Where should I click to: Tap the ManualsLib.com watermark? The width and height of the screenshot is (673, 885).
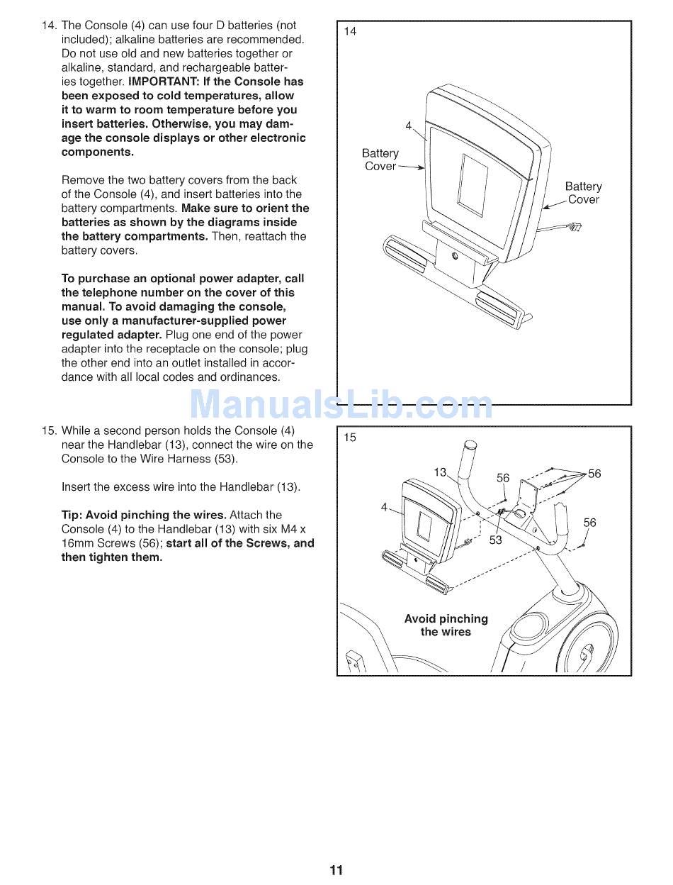point(341,404)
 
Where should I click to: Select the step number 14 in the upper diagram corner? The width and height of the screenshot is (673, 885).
point(350,31)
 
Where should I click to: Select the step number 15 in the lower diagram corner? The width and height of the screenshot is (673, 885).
point(349,438)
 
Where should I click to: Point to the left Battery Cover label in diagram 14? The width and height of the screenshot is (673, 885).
point(380,160)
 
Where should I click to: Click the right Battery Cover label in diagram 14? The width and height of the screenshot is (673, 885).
point(583,193)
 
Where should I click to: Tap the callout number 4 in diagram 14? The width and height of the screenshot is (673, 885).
point(408,126)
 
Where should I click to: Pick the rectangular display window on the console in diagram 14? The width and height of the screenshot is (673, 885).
point(473,186)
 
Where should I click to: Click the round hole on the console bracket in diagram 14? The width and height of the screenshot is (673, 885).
point(455,255)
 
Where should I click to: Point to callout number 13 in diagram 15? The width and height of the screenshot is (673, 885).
point(440,472)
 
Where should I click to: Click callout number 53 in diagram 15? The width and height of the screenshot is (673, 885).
point(495,540)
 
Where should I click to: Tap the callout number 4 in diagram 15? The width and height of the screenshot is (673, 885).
point(384,507)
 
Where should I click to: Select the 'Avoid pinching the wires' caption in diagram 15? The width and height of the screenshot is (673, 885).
point(446,625)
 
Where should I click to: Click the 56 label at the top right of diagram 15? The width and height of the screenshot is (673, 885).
point(594,473)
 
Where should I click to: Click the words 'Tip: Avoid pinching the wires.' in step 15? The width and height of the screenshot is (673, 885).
point(143,515)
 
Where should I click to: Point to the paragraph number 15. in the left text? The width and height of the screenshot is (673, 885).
point(49,430)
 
